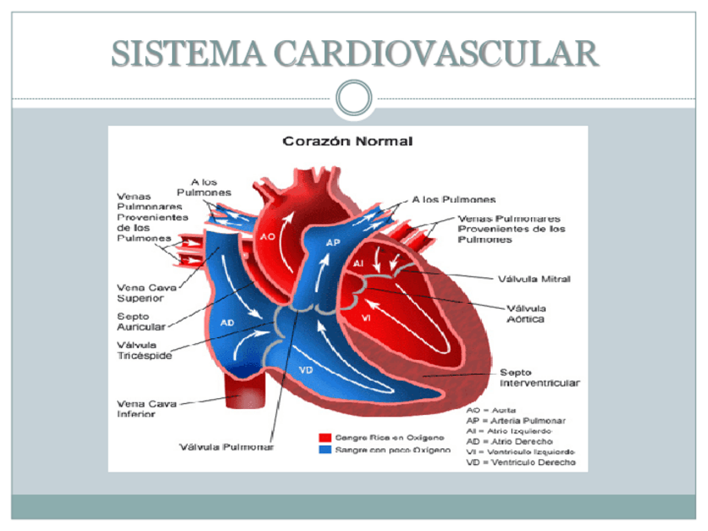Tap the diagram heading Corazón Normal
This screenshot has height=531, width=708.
347,141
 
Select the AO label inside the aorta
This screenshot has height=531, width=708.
267,236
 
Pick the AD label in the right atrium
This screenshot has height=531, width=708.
227,321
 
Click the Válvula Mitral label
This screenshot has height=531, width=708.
534,279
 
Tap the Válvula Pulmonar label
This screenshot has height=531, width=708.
227,446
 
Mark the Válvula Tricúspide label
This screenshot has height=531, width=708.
144,350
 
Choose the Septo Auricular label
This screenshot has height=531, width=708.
139,321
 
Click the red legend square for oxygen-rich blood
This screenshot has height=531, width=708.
326,437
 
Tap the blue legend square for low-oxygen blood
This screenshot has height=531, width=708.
326,449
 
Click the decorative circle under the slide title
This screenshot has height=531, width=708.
354,98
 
